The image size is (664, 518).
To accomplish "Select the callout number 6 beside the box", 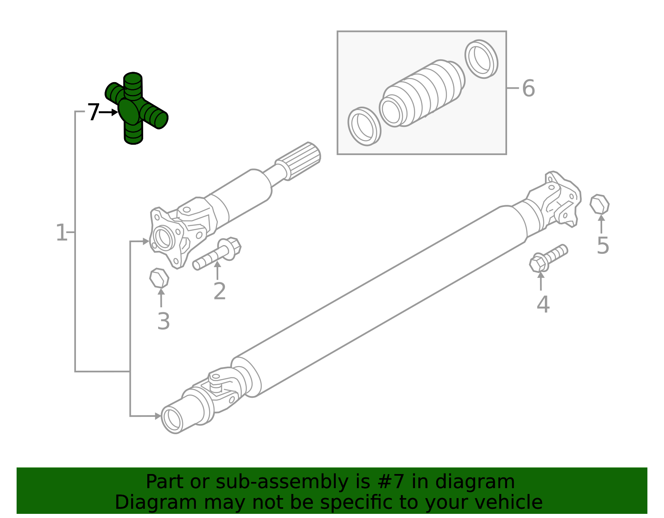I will click(x=528, y=88).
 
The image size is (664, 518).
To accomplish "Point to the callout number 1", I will click(x=61, y=233).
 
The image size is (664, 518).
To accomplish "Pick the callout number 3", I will click(x=164, y=321).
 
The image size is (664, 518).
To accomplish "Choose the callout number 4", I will click(x=543, y=305).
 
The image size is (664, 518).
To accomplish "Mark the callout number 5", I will click(x=603, y=246).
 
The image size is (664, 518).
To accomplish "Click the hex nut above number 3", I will click(x=159, y=278).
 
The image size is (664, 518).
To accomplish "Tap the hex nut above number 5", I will click(x=600, y=204).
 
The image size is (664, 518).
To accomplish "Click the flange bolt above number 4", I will click(x=547, y=258).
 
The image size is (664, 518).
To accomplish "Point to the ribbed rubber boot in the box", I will click(x=423, y=93).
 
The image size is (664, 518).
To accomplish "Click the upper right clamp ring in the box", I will click(x=481, y=59).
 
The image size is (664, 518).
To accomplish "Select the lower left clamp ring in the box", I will click(x=364, y=126).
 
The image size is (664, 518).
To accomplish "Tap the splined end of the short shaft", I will click(x=300, y=160).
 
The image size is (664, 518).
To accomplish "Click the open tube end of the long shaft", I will click(x=172, y=420).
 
